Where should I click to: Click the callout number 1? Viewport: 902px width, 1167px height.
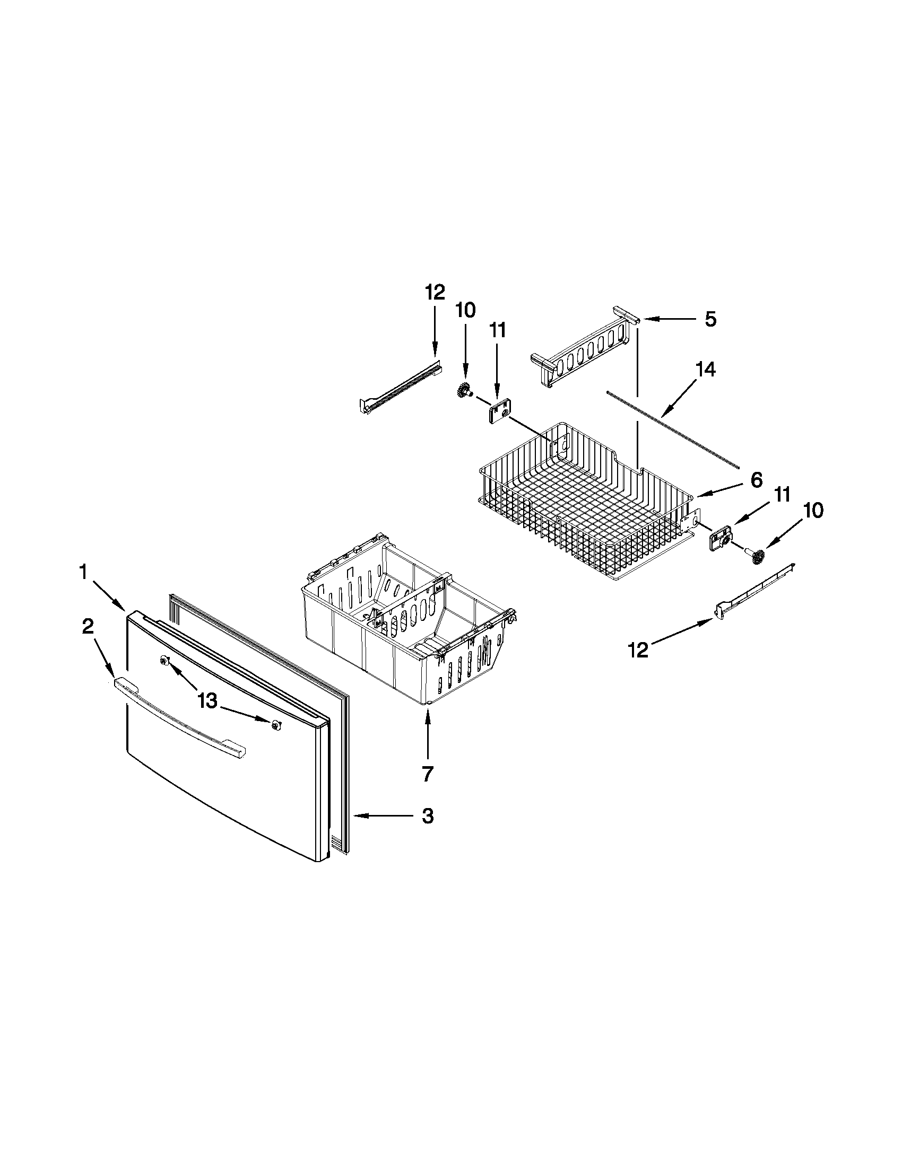coord(83,573)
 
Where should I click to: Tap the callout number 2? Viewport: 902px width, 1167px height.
coord(88,627)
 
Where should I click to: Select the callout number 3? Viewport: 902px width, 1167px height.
coord(427,816)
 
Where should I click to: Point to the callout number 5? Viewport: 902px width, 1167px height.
coord(710,319)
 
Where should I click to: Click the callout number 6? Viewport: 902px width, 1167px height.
coord(756,480)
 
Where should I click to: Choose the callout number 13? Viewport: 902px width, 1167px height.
coord(207,701)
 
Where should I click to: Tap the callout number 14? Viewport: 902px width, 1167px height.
coord(705,369)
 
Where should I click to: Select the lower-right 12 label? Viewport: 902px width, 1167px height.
coord(638,650)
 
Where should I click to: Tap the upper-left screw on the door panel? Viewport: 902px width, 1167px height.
coord(164,662)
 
